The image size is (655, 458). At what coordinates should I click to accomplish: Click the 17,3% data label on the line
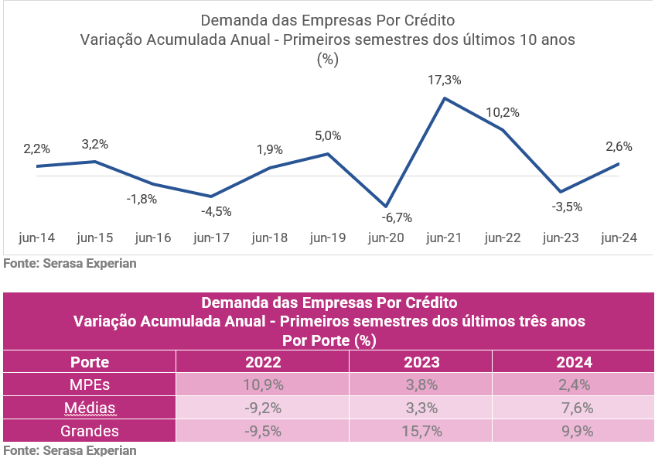(x=444, y=80)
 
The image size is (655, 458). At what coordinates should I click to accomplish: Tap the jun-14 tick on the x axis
(x=36, y=238)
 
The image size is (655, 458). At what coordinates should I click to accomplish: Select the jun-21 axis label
(x=444, y=238)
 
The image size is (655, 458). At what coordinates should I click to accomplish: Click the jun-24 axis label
(x=619, y=238)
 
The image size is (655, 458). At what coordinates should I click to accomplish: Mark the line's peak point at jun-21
(x=445, y=98)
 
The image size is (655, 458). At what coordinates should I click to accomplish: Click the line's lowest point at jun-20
(x=386, y=207)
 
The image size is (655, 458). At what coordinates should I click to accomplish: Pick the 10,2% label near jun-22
(x=503, y=112)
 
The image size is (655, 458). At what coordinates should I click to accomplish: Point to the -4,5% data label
(x=217, y=210)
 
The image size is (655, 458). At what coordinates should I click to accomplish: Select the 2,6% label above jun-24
(x=619, y=146)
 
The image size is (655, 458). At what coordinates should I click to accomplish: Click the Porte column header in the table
(x=90, y=362)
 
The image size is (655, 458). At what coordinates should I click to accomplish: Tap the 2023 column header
(x=421, y=362)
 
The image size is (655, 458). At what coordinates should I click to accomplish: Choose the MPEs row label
(x=90, y=385)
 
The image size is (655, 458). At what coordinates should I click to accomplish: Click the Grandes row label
(x=90, y=431)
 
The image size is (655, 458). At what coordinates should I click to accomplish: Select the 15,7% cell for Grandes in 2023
(x=421, y=431)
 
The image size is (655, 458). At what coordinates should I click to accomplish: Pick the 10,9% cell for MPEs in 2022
(x=263, y=385)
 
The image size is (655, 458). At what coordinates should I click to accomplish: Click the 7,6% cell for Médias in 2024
(x=573, y=408)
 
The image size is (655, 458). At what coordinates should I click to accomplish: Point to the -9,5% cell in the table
(x=263, y=431)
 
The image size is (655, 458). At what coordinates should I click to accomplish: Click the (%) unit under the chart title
(x=328, y=60)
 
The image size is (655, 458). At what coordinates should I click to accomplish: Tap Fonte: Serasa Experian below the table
(x=70, y=450)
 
